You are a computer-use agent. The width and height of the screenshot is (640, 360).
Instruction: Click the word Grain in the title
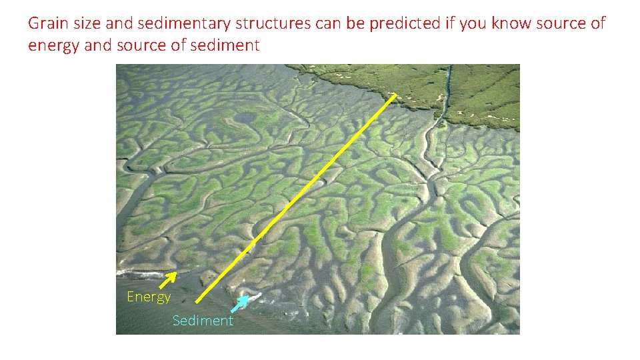(x=45, y=24)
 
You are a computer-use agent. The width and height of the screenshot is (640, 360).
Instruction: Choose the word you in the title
(x=473, y=24)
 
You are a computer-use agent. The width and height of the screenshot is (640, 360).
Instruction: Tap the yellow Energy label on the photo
(x=149, y=297)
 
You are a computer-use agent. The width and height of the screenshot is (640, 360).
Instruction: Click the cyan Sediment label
(x=203, y=321)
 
